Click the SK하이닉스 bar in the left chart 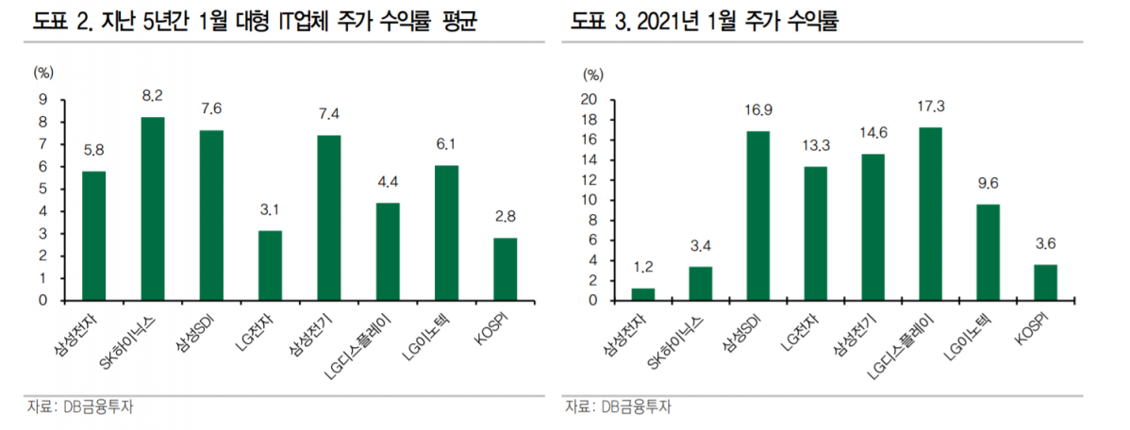153,208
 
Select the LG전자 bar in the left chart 270,265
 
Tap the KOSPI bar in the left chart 505,269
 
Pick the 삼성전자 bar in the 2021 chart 643,294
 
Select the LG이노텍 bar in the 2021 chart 988,252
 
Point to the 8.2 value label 153,95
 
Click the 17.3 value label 930,106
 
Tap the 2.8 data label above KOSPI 505,216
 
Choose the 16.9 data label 758,110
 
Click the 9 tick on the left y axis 42,99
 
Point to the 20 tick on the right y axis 590,99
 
